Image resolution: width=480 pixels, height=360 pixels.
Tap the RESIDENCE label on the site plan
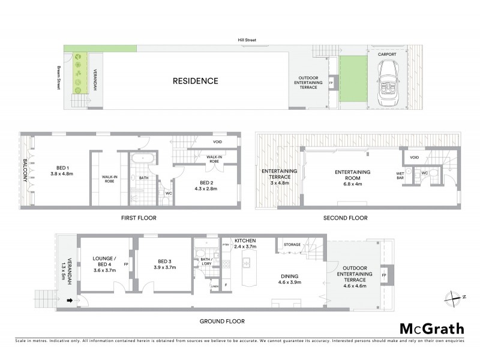tap(196, 80)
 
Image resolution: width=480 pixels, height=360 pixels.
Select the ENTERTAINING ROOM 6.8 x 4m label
tap(353, 175)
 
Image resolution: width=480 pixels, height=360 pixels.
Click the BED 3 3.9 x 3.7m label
tap(163, 264)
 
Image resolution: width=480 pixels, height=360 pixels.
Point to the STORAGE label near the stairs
tap(293, 244)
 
